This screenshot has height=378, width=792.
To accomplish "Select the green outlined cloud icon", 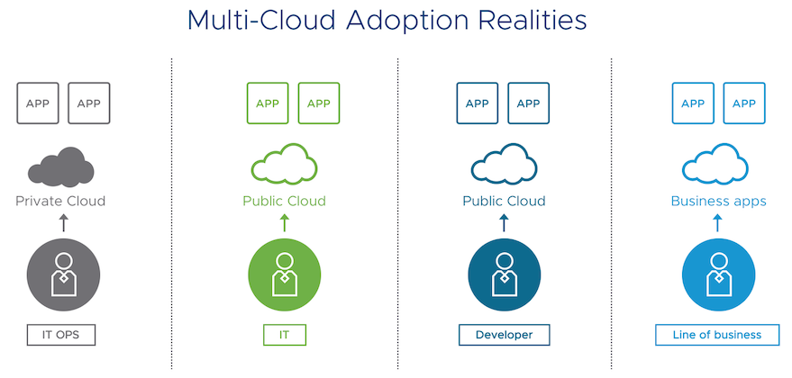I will (284, 166).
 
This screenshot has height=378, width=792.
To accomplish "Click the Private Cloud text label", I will (60, 201).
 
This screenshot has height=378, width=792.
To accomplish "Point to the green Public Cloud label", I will (284, 201).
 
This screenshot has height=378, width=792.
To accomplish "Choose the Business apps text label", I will (718, 201).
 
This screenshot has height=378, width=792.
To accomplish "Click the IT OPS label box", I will (62, 336).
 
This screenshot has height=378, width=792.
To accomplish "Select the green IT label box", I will (285, 336).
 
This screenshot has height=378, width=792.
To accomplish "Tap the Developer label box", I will (504, 336).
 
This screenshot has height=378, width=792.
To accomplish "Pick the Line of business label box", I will (717, 336).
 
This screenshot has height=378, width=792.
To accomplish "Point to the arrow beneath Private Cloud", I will (62, 222).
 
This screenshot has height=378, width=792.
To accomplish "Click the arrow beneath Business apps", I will (718, 222).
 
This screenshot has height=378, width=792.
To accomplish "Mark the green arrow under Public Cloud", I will (285, 222).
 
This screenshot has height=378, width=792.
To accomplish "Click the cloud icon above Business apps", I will (718, 166).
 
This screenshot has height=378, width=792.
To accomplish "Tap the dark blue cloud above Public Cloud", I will (504, 166).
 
